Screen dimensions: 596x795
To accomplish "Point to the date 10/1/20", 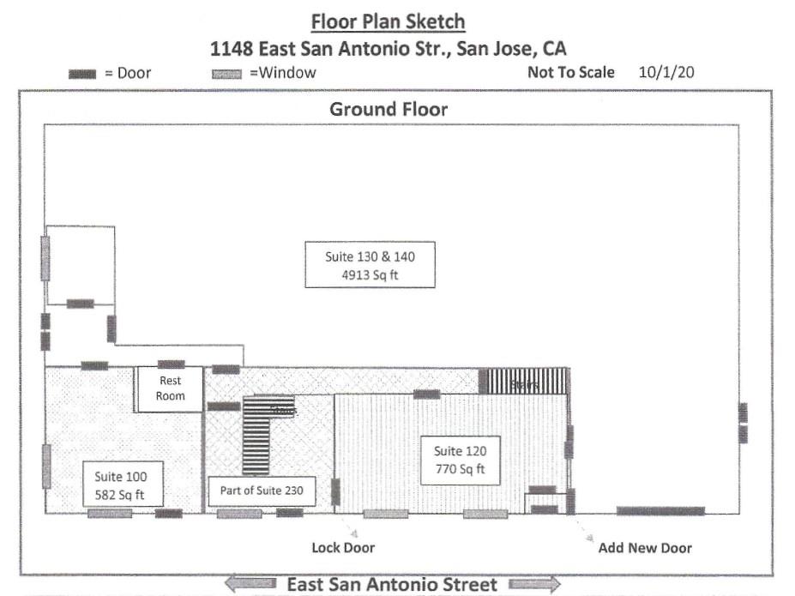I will pyautogui.click(x=666, y=72).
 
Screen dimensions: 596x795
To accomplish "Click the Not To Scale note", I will pyautogui.click(x=570, y=72).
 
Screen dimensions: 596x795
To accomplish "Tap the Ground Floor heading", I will pyautogui.click(x=388, y=109).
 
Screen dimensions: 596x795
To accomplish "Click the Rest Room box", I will pyautogui.click(x=170, y=389).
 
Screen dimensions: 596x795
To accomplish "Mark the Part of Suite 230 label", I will pyautogui.click(x=262, y=491).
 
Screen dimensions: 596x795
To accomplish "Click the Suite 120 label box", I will pyautogui.click(x=460, y=461).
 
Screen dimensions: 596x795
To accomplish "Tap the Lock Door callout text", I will pyautogui.click(x=343, y=547).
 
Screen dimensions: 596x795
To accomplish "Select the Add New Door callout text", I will pyautogui.click(x=645, y=547).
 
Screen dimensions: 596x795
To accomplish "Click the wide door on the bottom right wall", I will pyautogui.click(x=660, y=511).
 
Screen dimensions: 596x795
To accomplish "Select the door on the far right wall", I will pyautogui.click(x=743, y=423).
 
